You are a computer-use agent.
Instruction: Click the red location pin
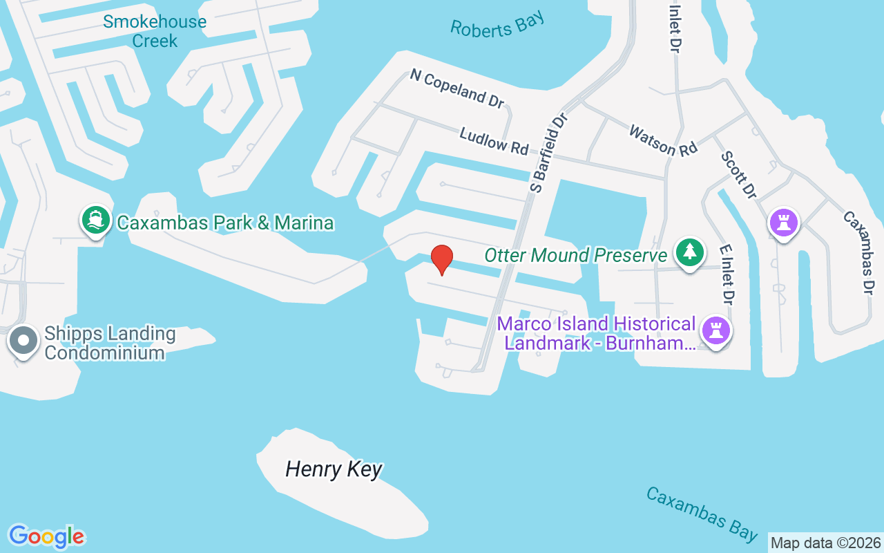(442, 259)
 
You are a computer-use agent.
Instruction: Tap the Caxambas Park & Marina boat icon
(95, 221)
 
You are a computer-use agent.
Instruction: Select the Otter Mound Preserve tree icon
(689, 252)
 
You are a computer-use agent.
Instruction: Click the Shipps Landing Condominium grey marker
(23, 341)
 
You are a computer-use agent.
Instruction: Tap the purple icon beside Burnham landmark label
(716, 331)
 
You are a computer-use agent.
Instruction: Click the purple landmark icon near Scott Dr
(783, 223)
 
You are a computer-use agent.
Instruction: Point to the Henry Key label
(334, 470)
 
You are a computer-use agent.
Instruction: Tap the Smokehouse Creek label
(155, 31)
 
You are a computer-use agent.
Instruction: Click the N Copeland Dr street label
(457, 88)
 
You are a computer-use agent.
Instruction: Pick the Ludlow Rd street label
(494, 140)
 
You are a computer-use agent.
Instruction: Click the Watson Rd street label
(662, 139)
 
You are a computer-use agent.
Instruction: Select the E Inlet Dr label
(726, 274)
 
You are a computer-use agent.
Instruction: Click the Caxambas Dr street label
(859, 252)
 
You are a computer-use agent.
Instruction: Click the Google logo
(46, 536)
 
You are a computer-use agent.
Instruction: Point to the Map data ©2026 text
(825, 543)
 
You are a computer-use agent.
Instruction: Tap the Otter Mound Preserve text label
(575, 255)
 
